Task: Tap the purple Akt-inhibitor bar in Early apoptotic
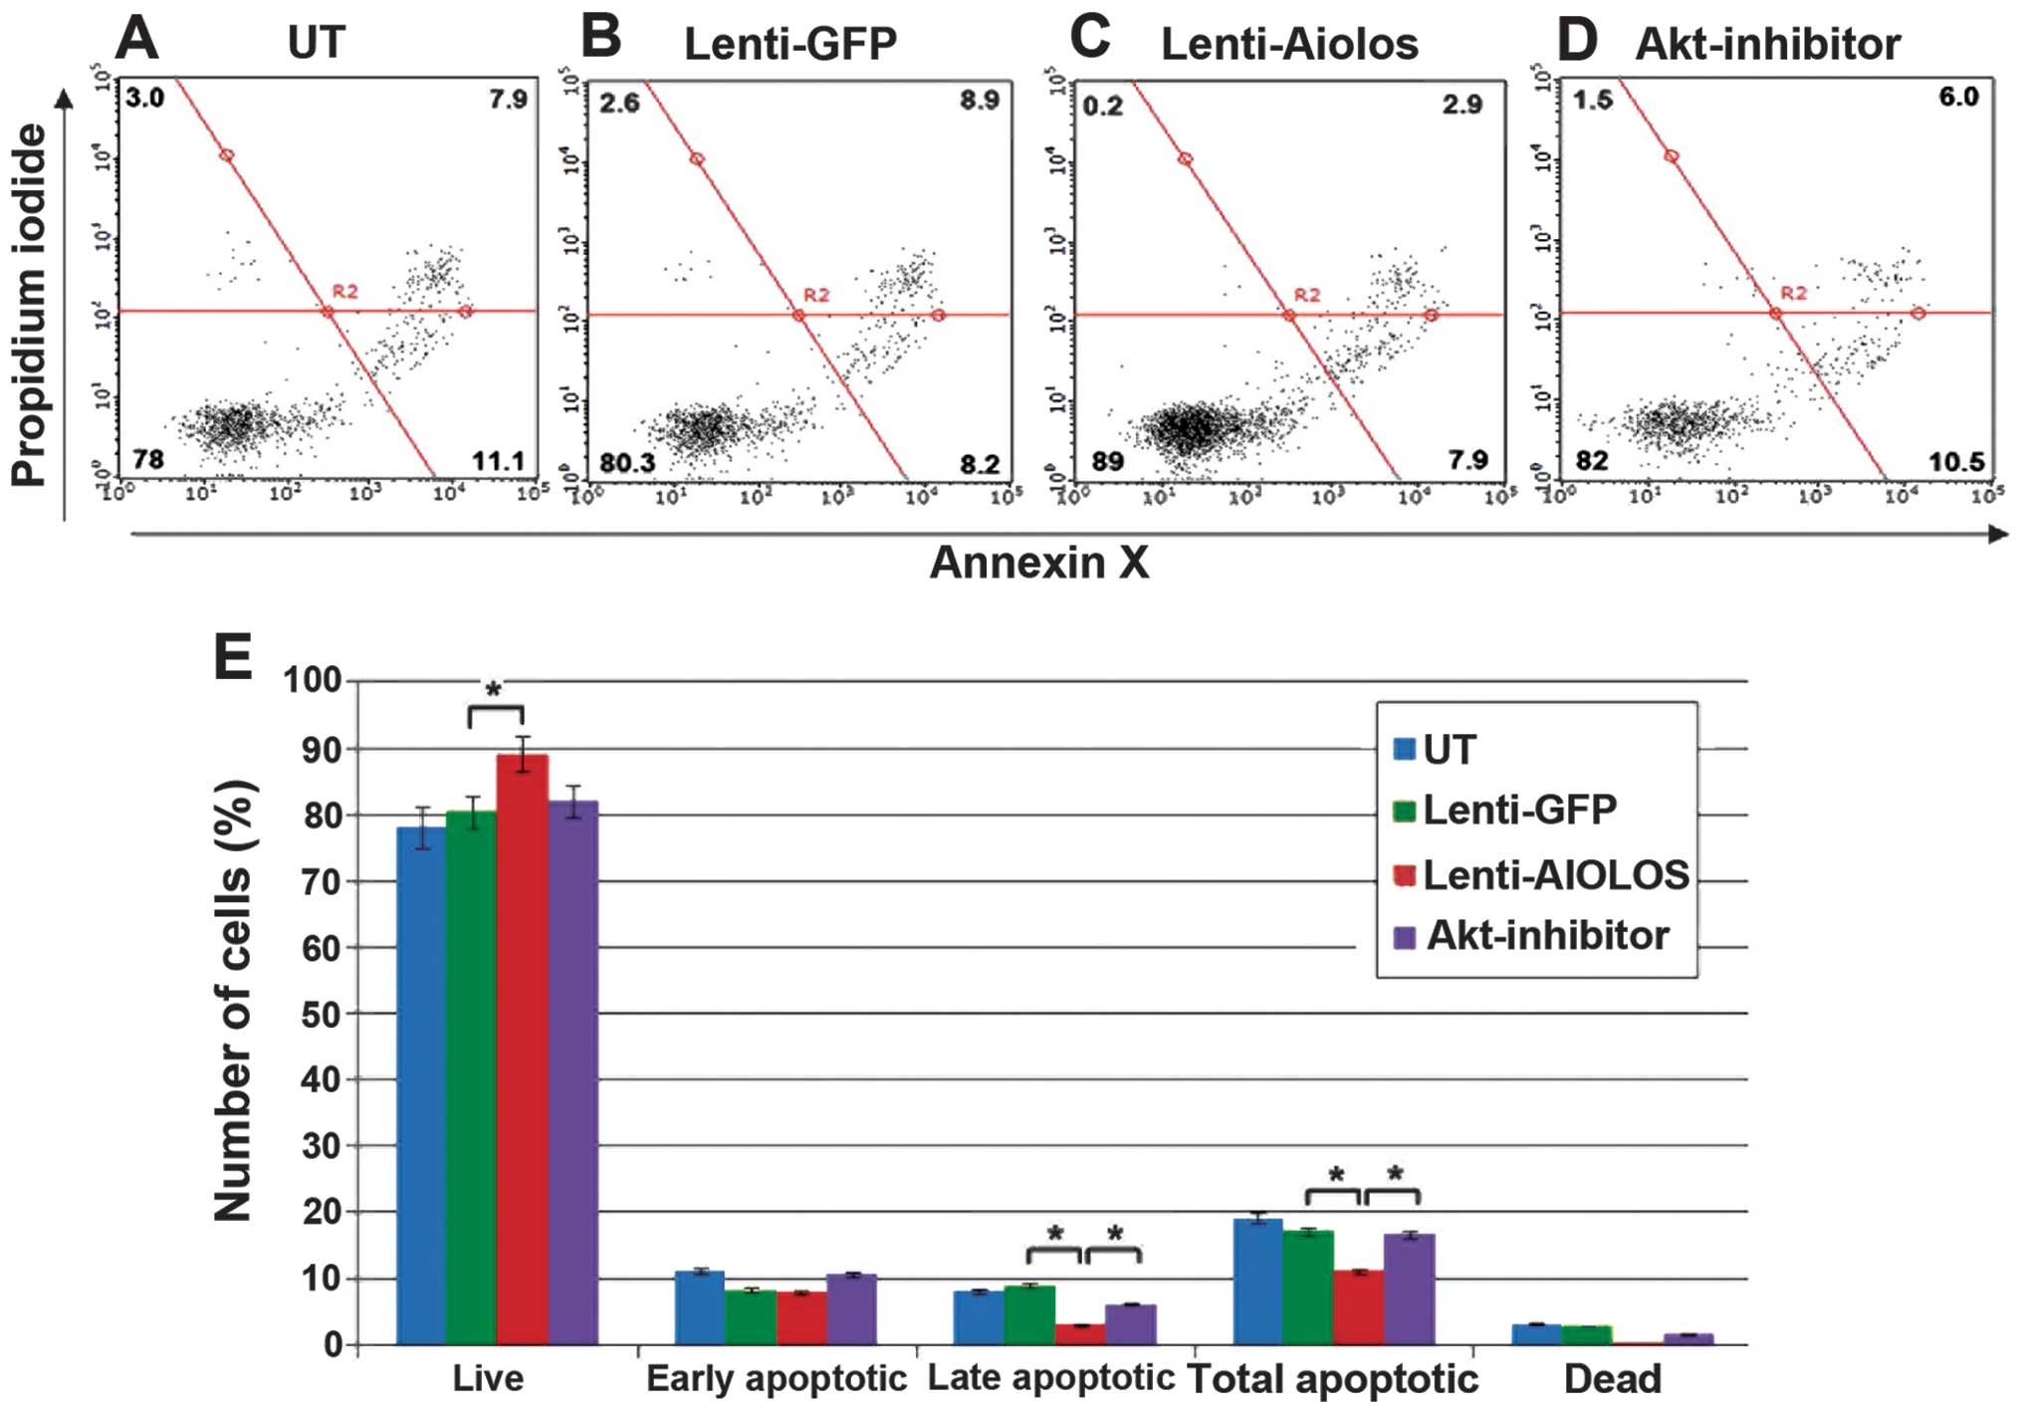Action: (851, 1308)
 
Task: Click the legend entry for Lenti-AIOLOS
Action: (1554, 875)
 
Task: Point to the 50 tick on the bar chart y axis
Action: (320, 1014)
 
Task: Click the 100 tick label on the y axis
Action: (312, 681)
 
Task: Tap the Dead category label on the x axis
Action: (1612, 1379)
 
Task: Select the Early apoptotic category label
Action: (776, 1379)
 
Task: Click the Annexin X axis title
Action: (1038, 563)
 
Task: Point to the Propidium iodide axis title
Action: (30, 304)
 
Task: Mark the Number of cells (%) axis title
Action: (233, 1000)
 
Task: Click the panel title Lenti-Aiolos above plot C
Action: (1289, 44)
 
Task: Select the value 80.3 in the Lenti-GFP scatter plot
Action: (627, 463)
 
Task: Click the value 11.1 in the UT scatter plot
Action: (498, 461)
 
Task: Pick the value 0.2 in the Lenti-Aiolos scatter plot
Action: (1102, 106)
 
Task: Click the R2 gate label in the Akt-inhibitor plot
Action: (1793, 293)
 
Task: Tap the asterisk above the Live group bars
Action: (494, 689)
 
